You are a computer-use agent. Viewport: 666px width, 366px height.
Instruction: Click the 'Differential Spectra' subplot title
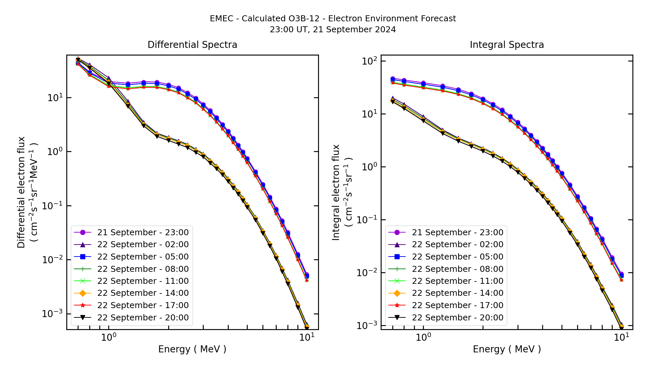click(192, 45)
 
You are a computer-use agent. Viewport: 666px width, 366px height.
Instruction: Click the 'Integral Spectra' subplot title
click(506, 45)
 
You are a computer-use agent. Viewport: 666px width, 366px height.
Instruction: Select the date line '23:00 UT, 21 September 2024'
click(333, 30)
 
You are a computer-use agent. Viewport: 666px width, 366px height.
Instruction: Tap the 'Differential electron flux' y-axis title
click(21, 192)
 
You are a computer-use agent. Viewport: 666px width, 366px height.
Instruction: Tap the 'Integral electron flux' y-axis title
click(336, 192)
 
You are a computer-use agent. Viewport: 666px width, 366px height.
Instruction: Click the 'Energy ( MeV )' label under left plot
click(192, 349)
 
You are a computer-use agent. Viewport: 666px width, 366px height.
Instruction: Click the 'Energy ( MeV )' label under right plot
click(506, 349)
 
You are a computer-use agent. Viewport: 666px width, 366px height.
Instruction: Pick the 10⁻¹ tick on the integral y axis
click(367, 220)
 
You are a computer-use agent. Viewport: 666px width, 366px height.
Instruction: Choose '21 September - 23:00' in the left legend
click(143, 232)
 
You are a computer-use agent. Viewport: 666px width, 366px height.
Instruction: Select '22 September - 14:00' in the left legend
click(143, 293)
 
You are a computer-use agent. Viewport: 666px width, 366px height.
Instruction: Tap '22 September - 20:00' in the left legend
click(143, 317)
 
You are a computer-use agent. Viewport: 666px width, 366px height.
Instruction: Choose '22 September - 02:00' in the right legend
click(458, 245)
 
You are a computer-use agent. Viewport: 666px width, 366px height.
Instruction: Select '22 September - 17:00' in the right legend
click(458, 305)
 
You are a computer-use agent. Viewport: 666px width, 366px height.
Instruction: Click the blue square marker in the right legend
click(397, 257)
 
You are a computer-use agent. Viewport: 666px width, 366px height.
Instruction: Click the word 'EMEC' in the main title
click(221, 19)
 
